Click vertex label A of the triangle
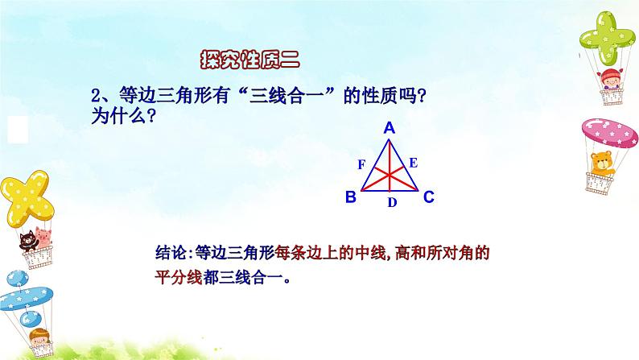coord(389,127)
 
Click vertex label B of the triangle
coord(350,197)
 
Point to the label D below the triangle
coord(391,203)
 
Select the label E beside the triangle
coord(414,163)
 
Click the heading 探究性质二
coord(249,60)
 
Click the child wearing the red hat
coord(603,77)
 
